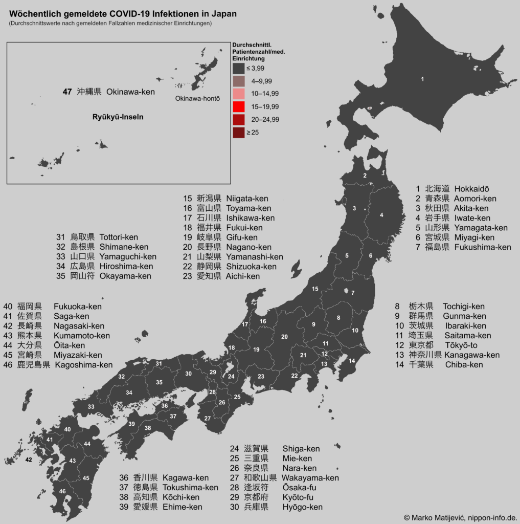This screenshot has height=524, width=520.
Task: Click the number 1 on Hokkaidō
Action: point(422,79)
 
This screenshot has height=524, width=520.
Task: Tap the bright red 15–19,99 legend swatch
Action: point(238,106)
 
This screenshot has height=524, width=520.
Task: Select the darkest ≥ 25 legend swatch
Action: point(238,133)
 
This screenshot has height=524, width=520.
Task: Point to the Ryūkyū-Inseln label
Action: point(118,117)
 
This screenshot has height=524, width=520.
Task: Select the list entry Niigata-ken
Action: point(247,199)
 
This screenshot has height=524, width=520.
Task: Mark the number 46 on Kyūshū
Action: point(62,491)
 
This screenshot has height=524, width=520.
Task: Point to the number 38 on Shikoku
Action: point(148,428)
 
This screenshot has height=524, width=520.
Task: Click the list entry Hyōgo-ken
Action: point(302,507)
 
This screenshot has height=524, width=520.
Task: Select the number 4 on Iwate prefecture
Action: point(381,215)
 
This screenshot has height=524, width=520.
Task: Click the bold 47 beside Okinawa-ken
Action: point(67,92)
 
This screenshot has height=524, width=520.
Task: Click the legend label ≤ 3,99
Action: point(255,68)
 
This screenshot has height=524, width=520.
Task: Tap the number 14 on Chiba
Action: point(351,361)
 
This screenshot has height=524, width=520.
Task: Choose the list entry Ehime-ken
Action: point(183,507)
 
